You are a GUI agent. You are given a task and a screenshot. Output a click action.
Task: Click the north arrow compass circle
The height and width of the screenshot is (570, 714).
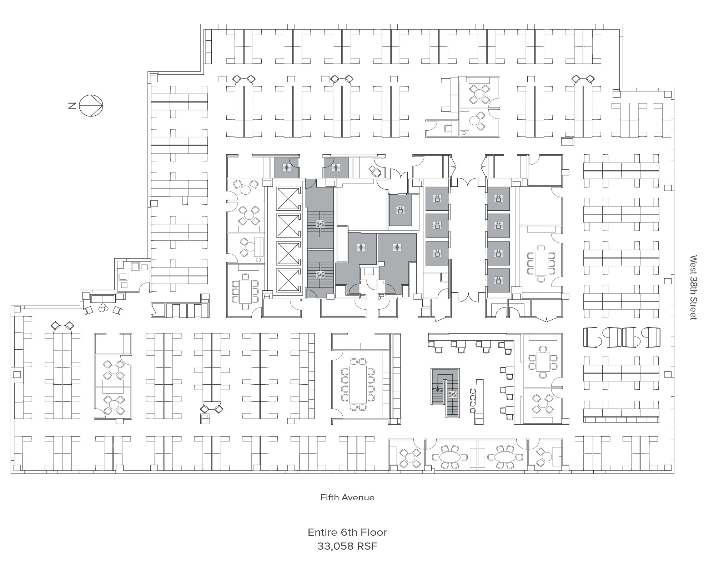pos(91,106)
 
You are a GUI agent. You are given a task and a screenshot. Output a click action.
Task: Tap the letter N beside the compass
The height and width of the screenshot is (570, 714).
pos(72,106)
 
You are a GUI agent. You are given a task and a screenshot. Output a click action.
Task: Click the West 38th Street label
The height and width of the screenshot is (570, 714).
pos(693,287)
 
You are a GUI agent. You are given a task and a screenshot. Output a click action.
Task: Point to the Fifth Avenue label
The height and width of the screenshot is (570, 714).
pos(347,497)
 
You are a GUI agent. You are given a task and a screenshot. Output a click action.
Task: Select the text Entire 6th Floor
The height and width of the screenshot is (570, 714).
pos(347,532)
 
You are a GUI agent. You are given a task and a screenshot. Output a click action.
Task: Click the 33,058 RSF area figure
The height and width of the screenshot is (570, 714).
pos(347,546)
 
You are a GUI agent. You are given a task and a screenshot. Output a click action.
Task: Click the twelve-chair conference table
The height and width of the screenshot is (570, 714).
pos(358,384)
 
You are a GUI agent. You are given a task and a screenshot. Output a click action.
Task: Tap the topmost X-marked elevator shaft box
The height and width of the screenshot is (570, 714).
pos(288,198)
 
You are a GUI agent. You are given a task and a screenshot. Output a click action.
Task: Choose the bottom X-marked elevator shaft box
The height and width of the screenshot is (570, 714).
pos(288,281)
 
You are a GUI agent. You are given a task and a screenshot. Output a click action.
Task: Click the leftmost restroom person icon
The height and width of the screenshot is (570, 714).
pos(286,166)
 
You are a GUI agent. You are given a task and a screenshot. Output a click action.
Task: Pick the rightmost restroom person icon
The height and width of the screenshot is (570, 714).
pos(396,247)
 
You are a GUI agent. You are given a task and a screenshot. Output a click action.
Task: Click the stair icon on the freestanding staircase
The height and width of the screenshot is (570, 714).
pos(453,394)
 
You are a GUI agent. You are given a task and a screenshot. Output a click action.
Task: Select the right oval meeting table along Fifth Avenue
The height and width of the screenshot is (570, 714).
pos(505,457)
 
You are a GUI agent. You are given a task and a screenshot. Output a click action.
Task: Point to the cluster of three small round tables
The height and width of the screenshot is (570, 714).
pos(104,308)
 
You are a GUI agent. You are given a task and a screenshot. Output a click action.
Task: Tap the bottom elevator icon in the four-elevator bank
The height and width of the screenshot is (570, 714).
pos(498,281)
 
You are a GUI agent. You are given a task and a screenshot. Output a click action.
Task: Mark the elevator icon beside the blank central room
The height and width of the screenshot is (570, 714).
pos(400,210)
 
